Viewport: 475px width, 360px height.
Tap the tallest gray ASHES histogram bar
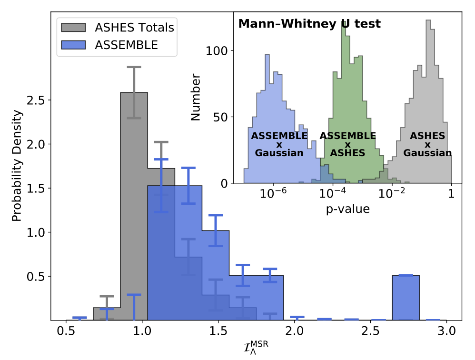click(134, 205)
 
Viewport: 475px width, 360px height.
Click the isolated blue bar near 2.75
click(406, 298)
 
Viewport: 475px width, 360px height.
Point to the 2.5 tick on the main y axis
click(37, 100)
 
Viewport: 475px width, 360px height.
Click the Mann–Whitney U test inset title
click(309, 23)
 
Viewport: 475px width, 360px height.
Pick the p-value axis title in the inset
click(348, 209)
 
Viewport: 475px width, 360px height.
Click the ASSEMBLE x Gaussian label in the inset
click(279, 144)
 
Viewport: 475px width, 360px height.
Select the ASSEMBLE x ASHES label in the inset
click(347, 144)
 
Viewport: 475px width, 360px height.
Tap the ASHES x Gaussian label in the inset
click(427, 144)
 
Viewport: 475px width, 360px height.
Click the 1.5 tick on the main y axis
click(37, 189)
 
